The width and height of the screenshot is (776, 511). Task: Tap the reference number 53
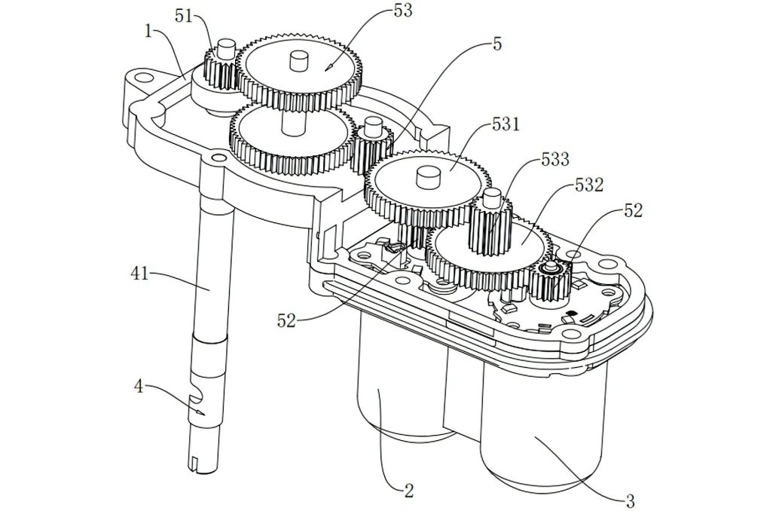pyautogui.click(x=403, y=11)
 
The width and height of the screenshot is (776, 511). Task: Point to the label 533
pyautogui.click(x=555, y=160)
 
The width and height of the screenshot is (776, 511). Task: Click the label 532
pyautogui.click(x=589, y=185)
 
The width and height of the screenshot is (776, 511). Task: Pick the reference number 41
pyautogui.click(x=139, y=273)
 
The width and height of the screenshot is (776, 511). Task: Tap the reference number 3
pyautogui.click(x=630, y=500)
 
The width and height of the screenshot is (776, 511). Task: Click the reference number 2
pyautogui.click(x=409, y=491)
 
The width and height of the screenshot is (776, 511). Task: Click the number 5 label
pyautogui.click(x=497, y=44)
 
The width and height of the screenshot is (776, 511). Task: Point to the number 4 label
pyautogui.click(x=139, y=386)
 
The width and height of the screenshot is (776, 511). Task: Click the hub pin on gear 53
pyautogui.click(x=298, y=61)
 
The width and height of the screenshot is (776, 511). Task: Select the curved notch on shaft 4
pyautogui.click(x=199, y=394)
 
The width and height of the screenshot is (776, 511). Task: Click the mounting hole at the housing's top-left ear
pyautogui.click(x=144, y=77)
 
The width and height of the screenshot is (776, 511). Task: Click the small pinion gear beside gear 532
pyautogui.click(x=551, y=281)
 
